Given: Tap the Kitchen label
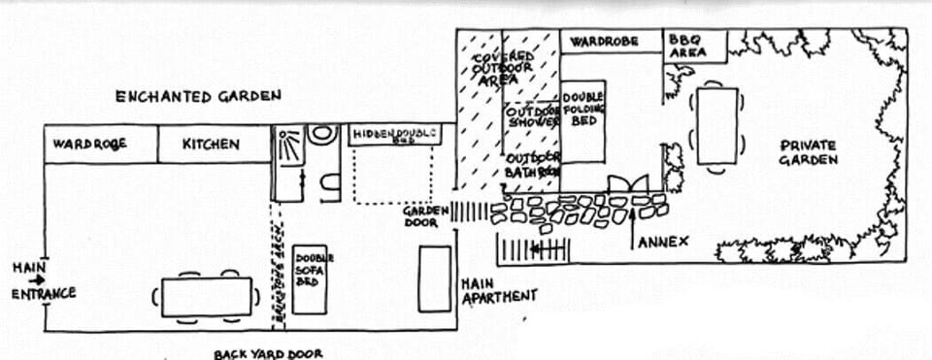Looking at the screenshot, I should point(211,145).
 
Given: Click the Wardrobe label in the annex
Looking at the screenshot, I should point(602,43).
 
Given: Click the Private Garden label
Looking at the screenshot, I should point(808,152).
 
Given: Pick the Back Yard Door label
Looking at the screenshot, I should point(268,353).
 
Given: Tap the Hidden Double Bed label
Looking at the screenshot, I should point(394,133).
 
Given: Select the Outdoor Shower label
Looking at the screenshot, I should point(533,117).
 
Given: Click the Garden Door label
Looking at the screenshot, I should point(426,215).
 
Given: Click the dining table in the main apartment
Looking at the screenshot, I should point(207,297).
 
